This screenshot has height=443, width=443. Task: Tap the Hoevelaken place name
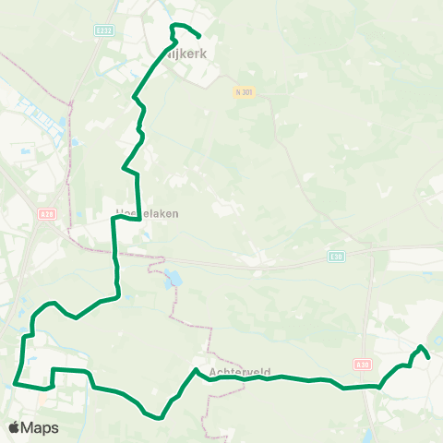click(x=147, y=212)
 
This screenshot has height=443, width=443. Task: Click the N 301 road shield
click(x=244, y=90)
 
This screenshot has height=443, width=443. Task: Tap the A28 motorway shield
click(x=46, y=214)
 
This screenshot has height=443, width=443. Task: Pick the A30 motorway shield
click(x=363, y=365)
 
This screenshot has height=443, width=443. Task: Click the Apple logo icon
click(x=15, y=427)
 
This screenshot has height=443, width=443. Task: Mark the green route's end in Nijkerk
click(x=200, y=37)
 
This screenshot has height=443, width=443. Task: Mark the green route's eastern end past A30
click(x=429, y=357)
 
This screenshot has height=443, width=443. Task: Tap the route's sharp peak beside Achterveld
click(x=196, y=370)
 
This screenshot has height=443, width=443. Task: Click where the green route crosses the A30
click(x=377, y=387)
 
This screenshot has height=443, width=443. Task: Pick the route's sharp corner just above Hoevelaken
click(x=114, y=218)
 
